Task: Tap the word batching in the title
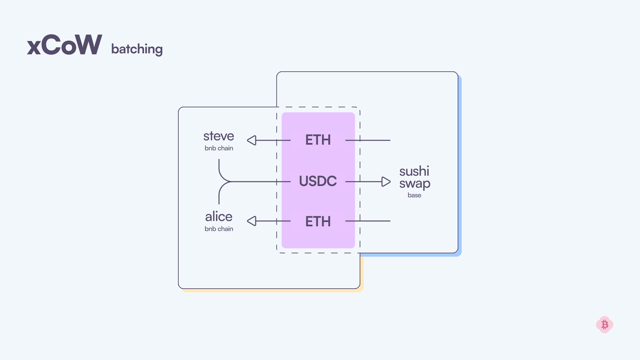137,49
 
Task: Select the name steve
219,136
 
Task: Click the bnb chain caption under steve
219,148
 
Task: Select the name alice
219,217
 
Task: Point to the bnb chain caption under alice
219,229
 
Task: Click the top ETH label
318,140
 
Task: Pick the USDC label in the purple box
318,181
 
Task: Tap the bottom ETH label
318,222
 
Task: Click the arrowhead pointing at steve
252,140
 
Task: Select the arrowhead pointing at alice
252,221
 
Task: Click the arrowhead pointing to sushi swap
386,182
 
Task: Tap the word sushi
414,171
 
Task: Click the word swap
415,184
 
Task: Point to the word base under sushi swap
414,195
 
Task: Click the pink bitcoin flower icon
605,325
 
